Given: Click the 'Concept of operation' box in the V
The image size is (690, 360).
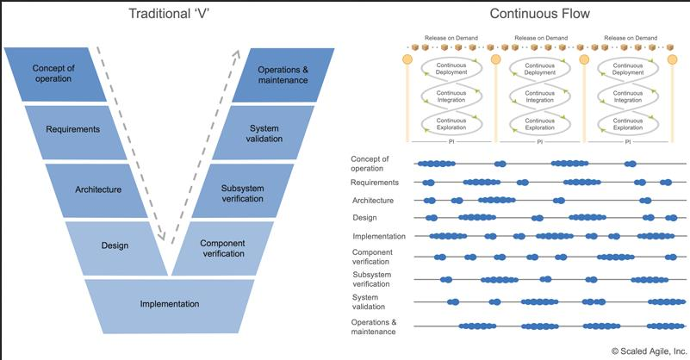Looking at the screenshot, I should coord(53,73).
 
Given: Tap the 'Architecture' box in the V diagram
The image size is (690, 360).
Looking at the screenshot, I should coord(97,189).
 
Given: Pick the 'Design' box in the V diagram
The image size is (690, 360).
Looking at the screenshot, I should coord(115,245).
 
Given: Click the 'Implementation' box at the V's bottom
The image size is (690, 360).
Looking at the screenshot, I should coord(170,304).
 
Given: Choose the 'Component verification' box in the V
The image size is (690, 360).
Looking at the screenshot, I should coord(221,248).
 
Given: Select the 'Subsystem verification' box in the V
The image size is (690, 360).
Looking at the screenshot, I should coord(242,189).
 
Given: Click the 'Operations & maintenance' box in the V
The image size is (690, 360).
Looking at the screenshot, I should coord(282,74).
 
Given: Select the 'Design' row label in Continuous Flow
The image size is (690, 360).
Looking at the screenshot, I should coord(365,217).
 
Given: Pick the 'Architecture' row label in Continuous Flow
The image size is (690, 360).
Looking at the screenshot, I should coord(373,201).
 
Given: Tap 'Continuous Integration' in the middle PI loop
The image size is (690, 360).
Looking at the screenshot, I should coord(540,96).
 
